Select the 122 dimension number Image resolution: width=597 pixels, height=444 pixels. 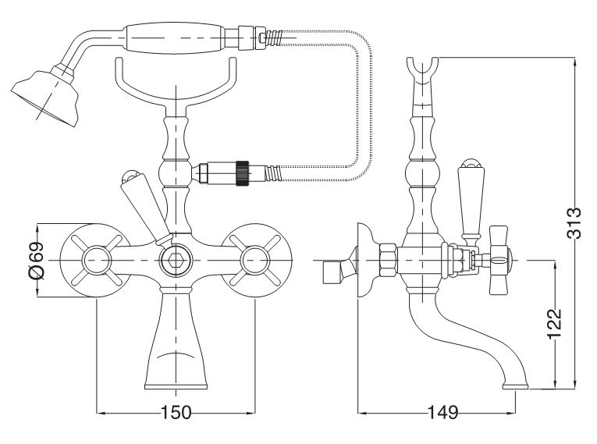554,322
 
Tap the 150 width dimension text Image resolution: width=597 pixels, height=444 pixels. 176,413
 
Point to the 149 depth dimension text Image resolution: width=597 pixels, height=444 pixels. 441,413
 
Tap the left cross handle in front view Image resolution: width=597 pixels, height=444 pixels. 96,259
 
